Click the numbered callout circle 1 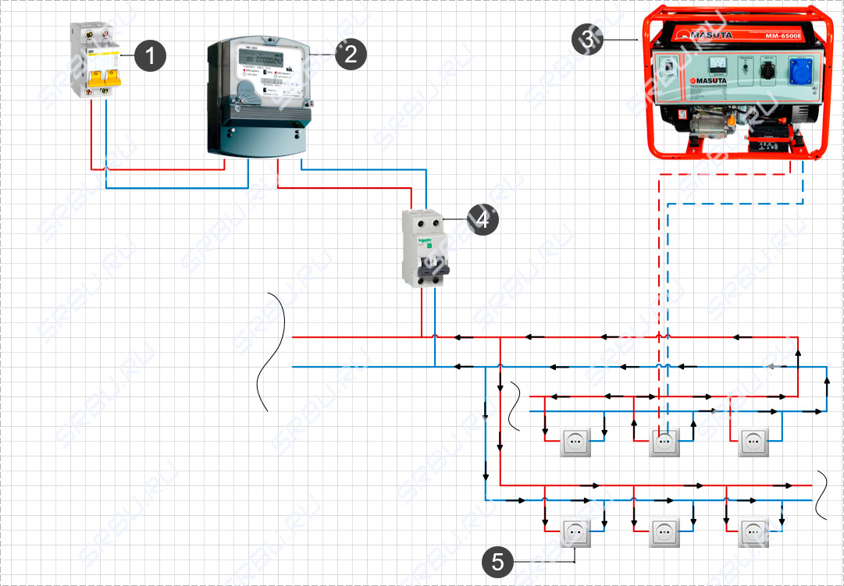150,55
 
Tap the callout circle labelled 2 350,54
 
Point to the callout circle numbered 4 482,220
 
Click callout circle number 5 497,561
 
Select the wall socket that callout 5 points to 575,534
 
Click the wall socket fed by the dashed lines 664,442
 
